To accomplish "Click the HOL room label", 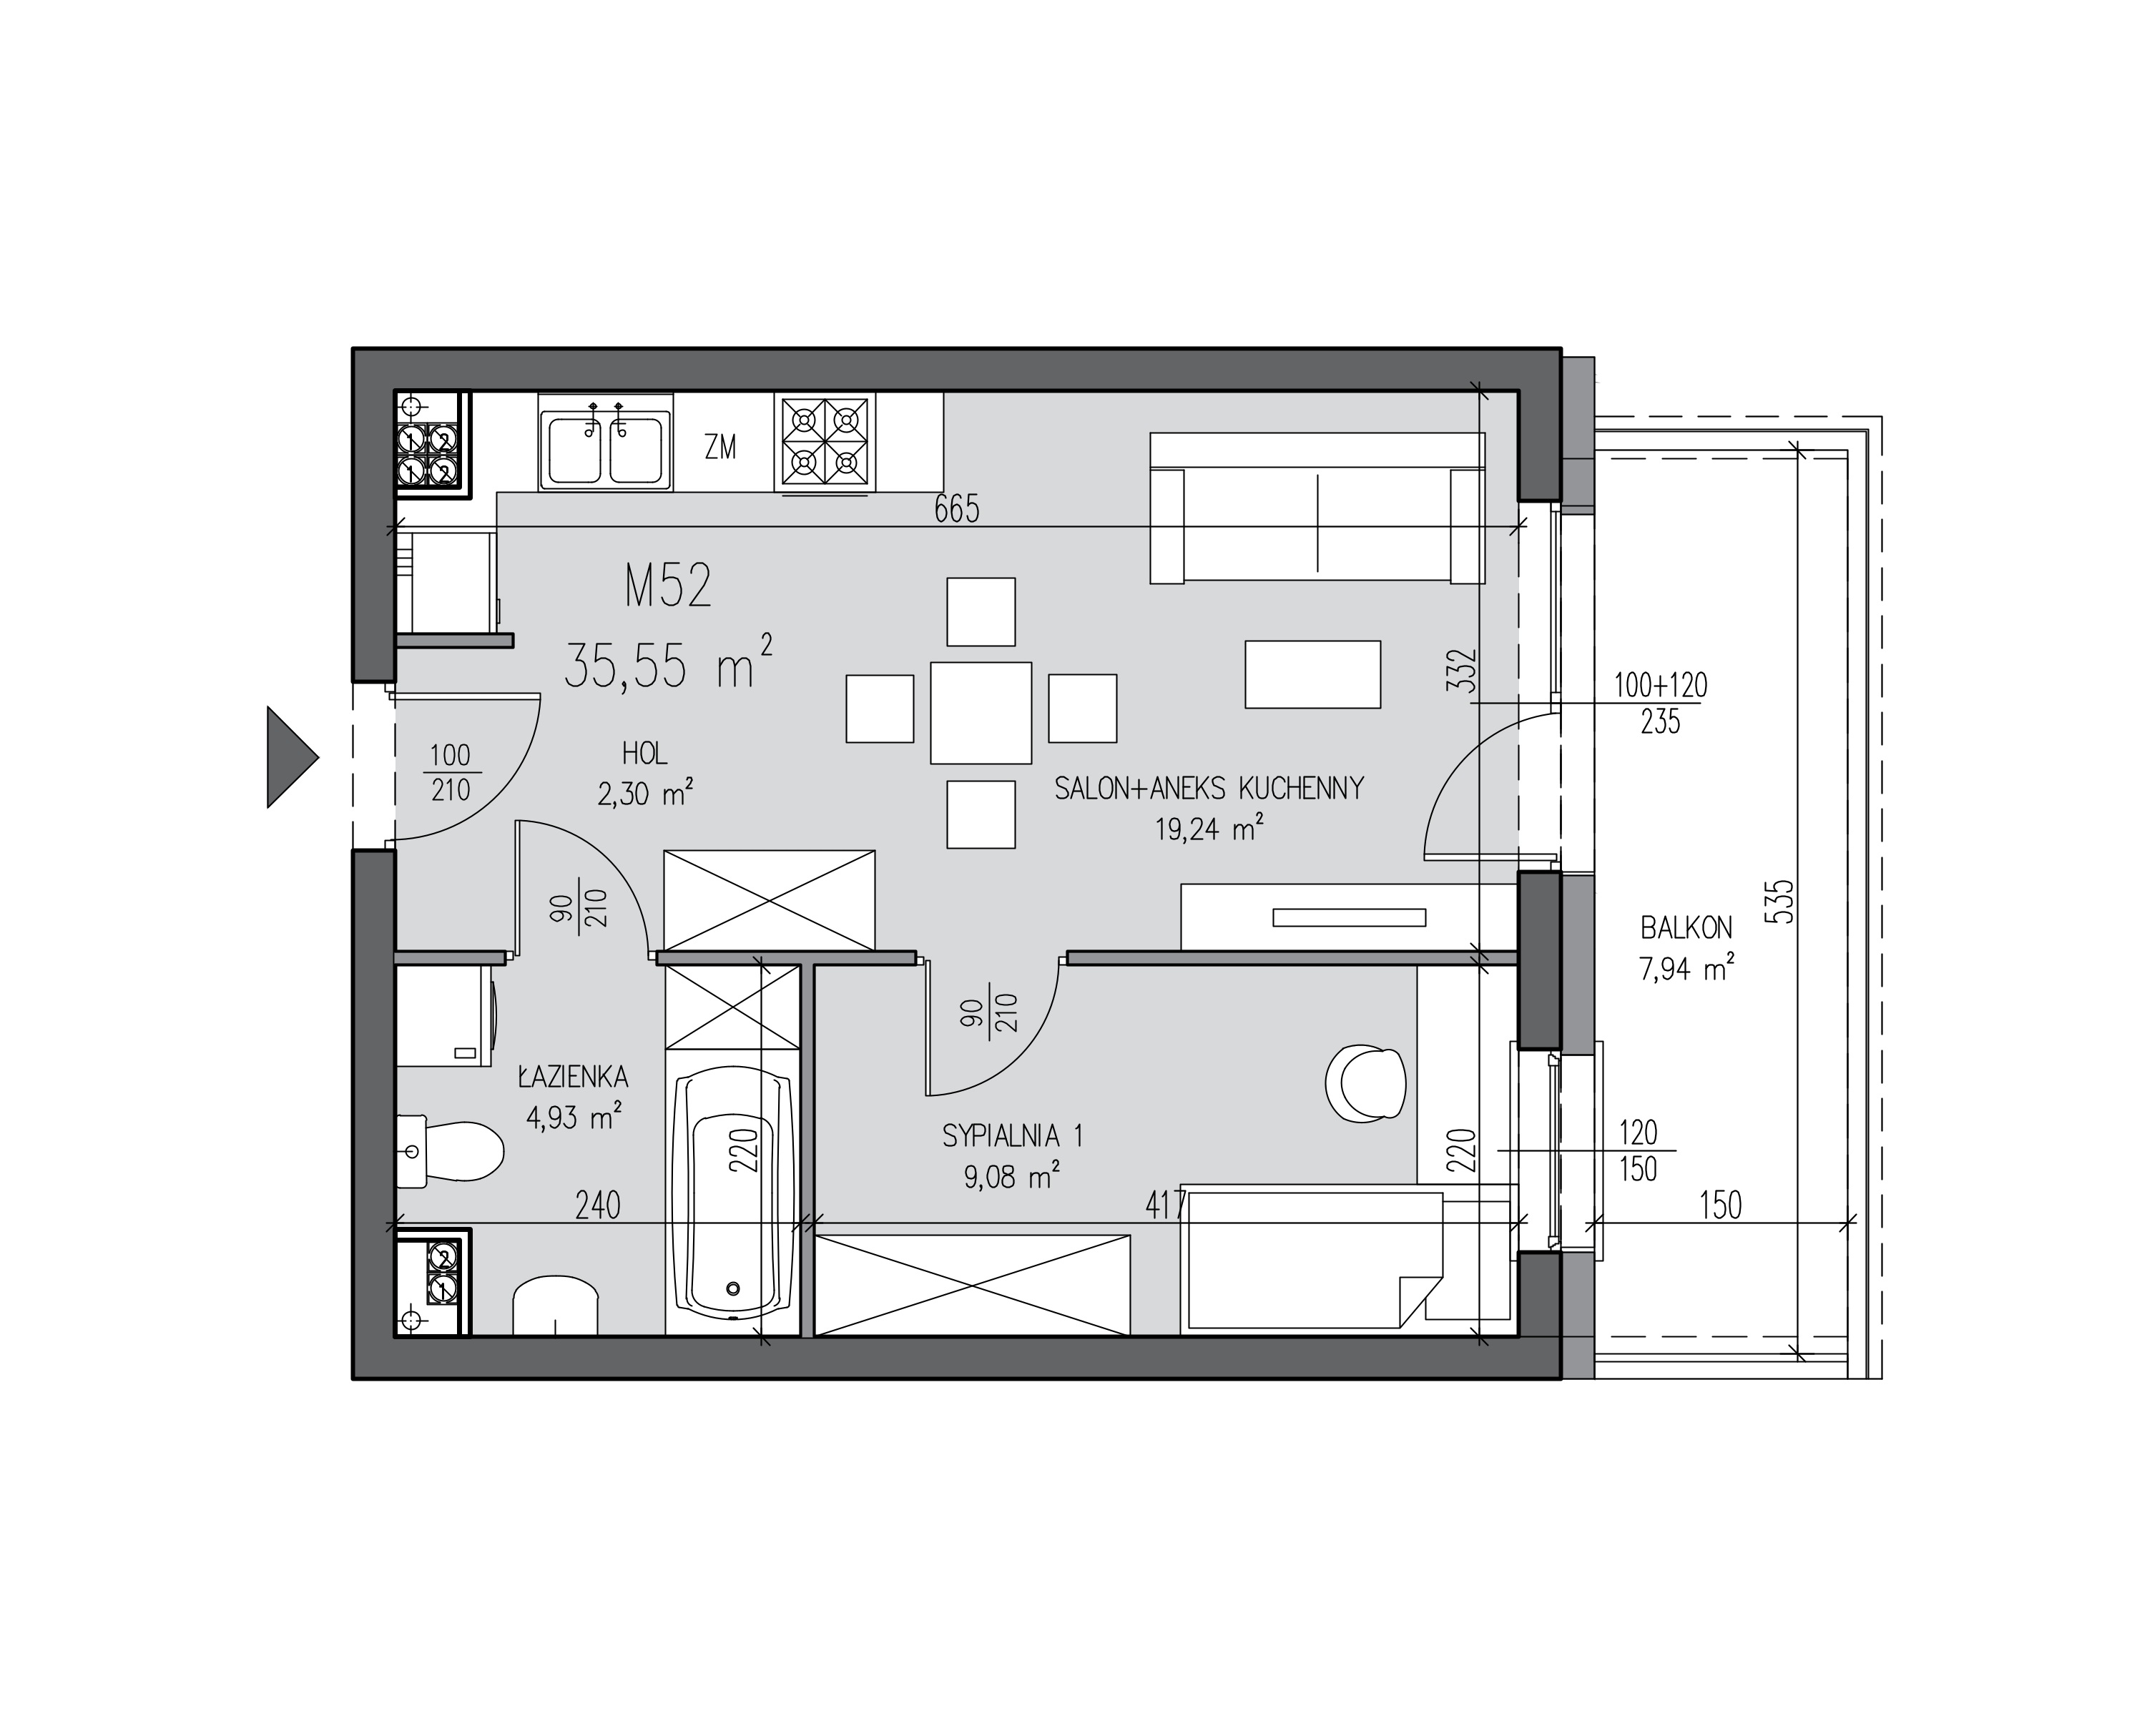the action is click(x=644, y=753).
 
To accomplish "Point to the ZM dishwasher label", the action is click(x=720, y=448).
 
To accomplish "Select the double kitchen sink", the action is click(x=606, y=441).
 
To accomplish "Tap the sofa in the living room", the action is click(x=1317, y=508).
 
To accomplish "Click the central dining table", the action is click(x=981, y=713).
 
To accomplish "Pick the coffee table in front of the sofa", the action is click(x=1312, y=674).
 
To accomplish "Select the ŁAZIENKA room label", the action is click(x=573, y=1077).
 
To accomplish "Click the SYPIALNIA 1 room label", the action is click(x=1012, y=1135).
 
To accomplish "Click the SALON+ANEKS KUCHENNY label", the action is click(x=1209, y=789).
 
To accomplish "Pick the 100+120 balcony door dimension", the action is click(x=1660, y=685).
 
